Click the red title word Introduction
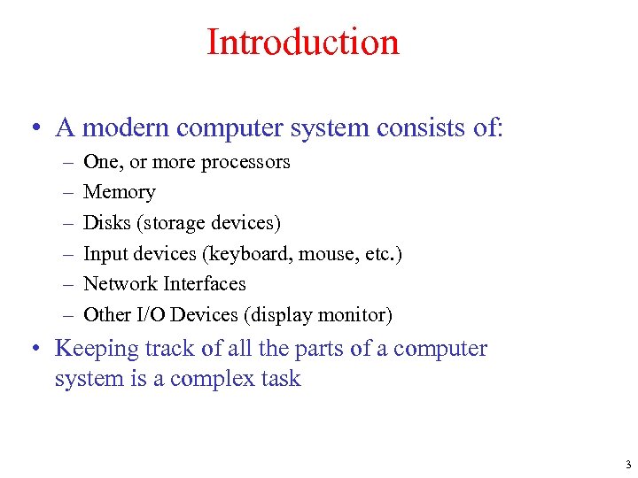302,42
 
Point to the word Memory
119,192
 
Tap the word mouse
325,254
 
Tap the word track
170,349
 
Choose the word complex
210,380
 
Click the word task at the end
279,380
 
